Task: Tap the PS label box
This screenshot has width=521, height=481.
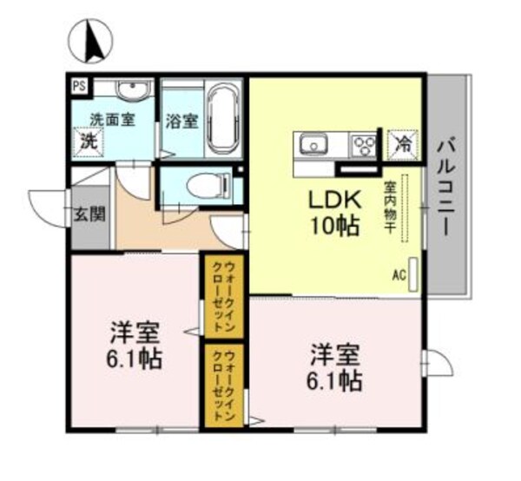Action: (x=79, y=86)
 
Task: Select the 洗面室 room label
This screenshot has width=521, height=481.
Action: (x=113, y=120)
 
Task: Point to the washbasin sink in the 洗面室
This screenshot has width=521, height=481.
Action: (x=132, y=89)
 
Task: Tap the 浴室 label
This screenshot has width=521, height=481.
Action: (x=181, y=122)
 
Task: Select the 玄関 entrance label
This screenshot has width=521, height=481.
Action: (x=83, y=214)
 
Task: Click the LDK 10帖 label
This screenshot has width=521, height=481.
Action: (x=331, y=214)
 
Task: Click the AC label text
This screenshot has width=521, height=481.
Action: (x=399, y=275)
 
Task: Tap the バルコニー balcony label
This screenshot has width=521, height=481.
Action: (x=447, y=187)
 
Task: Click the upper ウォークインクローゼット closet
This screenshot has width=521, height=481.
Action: (x=224, y=296)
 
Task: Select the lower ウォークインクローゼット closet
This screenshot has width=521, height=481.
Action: (x=224, y=385)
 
